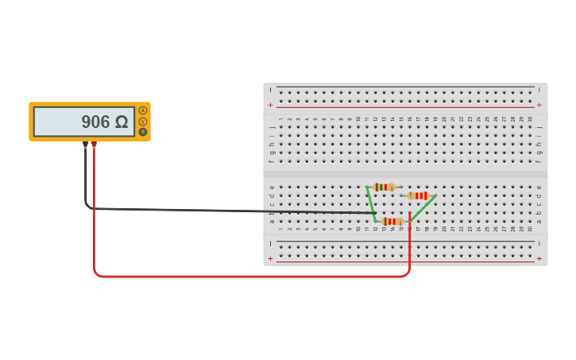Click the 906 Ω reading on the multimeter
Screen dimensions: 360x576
tap(104, 122)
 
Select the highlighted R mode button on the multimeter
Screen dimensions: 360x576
tap(143, 132)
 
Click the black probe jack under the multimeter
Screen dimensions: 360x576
tap(85, 145)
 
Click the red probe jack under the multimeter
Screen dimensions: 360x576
tap(94, 145)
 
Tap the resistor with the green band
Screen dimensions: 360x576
tap(385, 187)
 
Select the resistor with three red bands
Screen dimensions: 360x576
tap(418, 195)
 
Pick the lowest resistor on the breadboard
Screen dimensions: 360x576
tap(392, 221)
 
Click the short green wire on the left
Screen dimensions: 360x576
tap(371, 203)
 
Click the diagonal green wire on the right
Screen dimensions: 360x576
tap(423, 208)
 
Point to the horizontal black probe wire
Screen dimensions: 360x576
tap(238, 211)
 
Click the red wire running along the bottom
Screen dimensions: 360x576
tap(254, 276)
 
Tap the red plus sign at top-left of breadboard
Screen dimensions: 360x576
tap(270, 105)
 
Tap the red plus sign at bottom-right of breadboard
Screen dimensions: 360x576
tap(539, 258)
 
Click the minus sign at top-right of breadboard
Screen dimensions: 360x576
tap(539, 89)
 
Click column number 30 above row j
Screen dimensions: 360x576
tap(530, 119)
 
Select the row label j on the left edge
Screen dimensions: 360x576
tap(272, 126)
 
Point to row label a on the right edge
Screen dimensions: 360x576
tap(539, 222)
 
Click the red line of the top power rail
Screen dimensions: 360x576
tap(405, 107)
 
